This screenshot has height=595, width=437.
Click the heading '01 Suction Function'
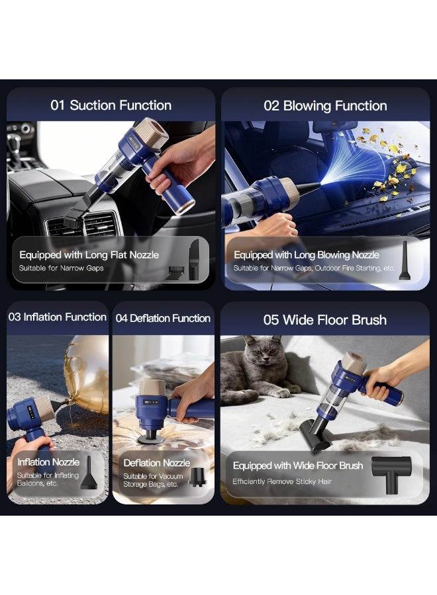pyautogui.click(x=111, y=105)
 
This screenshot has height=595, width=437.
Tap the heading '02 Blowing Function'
pyautogui.click(x=325, y=106)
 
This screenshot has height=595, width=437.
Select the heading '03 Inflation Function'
pyautogui.click(x=58, y=317)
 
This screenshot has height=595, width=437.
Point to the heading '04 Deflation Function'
pyautogui.click(x=163, y=318)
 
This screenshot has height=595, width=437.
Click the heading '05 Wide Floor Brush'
pyautogui.click(x=325, y=320)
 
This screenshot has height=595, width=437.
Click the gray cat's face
pyautogui.click(x=264, y=352)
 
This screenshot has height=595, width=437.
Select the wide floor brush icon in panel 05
pyautogui.click(x=391, y=474)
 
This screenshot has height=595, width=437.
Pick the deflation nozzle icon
pyautogui.click(x=197, y=477)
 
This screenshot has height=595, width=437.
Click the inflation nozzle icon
pyautogui.click(x=89, y=473)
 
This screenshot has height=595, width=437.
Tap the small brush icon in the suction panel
pyautogui.click(x=176, y=272)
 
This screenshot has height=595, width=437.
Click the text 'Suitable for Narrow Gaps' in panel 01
pyautogui.click(x=61, y=268)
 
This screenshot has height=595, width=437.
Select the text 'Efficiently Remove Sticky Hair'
pyautogui.click(x=282, y=481)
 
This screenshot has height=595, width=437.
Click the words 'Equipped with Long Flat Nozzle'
pyautogui.click(x=89, y=255)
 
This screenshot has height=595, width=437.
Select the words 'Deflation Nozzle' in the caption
pyautogui.click(x=156, y=463)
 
